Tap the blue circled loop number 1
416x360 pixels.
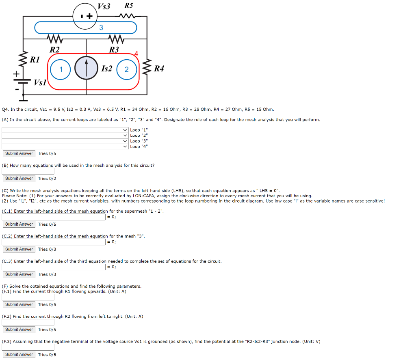pos(61,69)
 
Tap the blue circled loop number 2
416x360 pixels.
pos(126,69)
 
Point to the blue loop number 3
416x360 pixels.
pos(101,28)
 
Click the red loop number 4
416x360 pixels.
pos(136,54)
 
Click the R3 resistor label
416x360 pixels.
pos(114,50)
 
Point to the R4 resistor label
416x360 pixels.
pos(159,69)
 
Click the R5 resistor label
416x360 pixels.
pos(128,6)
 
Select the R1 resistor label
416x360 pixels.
pos(35,60)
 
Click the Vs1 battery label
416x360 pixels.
pos(40,82)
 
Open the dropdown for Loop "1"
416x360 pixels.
pos(65,130)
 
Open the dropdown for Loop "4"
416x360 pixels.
pos(65,147)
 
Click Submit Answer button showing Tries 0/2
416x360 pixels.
pos(19,179)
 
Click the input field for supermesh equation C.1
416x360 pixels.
pos(54,217)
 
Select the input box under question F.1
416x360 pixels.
pos(28,297)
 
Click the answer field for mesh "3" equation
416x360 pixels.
pos(54,242)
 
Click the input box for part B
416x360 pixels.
pos(28,171)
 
